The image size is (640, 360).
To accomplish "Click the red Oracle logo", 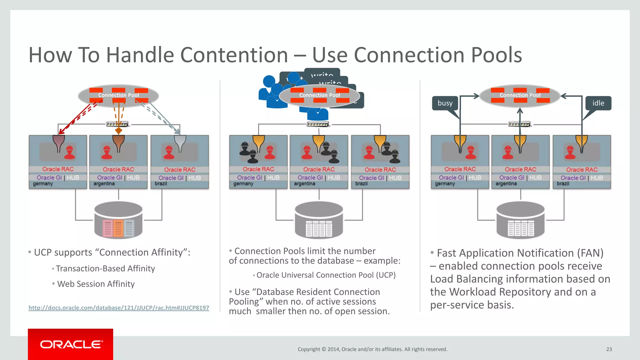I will click(x=71, y=344).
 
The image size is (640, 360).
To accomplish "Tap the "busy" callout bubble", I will click(x=445, y=103).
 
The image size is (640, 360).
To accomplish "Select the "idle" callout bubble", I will click(x=598, y=103).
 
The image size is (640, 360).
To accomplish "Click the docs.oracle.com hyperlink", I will click(x=119, y=308).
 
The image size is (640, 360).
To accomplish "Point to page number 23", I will click(x=609, y=349).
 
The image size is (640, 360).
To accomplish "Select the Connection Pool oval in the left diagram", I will click(x=118, y=95).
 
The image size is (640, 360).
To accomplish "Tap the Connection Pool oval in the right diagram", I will click(x=520, y=95).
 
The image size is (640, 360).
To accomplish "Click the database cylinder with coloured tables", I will click(x=118, y=220).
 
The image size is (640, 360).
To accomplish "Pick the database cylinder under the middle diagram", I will click(x=319, y=220).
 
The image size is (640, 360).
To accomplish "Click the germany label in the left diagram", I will click(x=43, y=184).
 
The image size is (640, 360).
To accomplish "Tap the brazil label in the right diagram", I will click(x=563, y=184).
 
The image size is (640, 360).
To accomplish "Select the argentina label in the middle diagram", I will click(x=304, y=184).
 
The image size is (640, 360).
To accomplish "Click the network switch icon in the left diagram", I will click(x=117, y=124).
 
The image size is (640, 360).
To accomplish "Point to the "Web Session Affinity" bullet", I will click(x=96, y=284).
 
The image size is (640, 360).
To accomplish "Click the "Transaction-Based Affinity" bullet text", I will click(x=105, y=268).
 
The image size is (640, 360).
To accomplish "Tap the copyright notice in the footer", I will click(x=372, y=349).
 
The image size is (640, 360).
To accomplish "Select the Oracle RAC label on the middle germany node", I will click(x=258, y=169).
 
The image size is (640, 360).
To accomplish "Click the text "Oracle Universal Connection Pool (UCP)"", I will click(x=326, y=275).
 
